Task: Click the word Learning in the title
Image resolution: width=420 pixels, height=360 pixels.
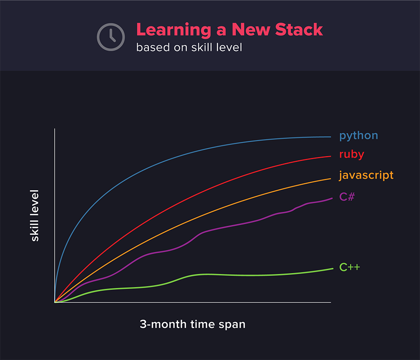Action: click(174, 30)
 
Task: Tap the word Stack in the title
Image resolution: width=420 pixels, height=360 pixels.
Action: click(299, 29)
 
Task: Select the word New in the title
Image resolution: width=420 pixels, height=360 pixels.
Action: click(251, 29)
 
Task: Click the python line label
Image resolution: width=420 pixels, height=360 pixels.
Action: click(359, 136)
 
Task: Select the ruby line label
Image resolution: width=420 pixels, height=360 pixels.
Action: click(352, 154)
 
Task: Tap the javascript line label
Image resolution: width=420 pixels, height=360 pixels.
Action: click(366, 176)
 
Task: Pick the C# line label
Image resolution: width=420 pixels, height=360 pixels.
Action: click(347, 197)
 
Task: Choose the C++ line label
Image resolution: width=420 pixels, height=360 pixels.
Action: click(350, 267)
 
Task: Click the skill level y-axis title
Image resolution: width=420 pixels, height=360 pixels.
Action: click(35, 215)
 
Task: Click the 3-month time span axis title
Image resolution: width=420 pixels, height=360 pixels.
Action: click(193, 325)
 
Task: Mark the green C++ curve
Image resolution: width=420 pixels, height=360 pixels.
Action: click(193, 275)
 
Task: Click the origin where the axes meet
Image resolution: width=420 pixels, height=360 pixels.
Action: click(55, 303)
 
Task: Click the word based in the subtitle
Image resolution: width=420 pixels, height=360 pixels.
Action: click(153, 48)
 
